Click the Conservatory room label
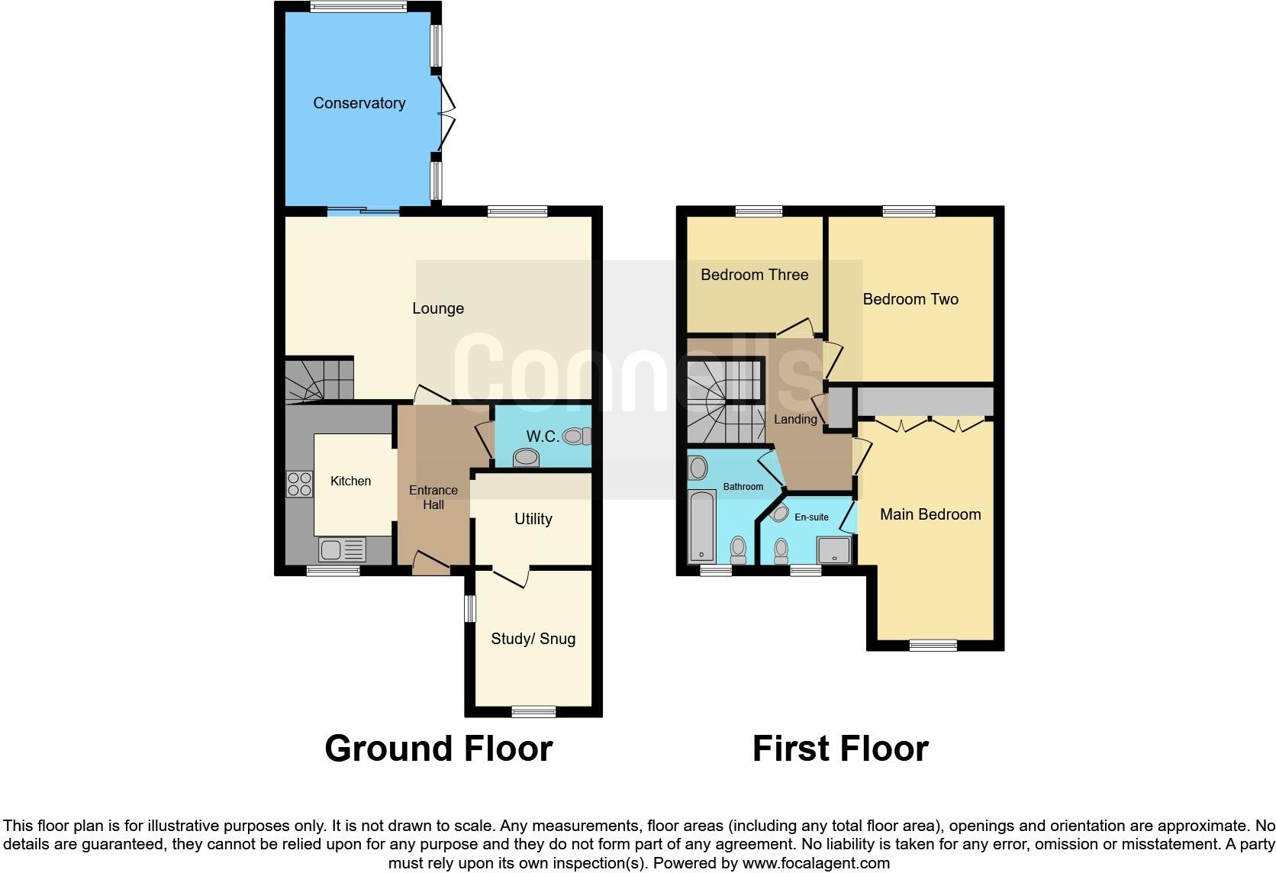pyautogui.click(x=359, y=103)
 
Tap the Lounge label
pyautogui.click(x=438, y=308)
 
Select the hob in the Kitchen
pyautogui.click(x=299, y=485)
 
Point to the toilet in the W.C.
pyautogui.click(x=577, y=436)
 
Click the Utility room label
pyautogui.click(x=533, y=519)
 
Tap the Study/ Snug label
pyautogui.click(x=533, y=639)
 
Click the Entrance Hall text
pyautogui.click(x=433, y=497)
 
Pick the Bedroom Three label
pyautogui.click(x=754, y=275)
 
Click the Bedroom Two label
pyautogui.click(x=910, y=299)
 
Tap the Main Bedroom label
pyautogui.click(x=930, y=514)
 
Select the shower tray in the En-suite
pyautogui.click(x=833, y=549)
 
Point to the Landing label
pyautogui.click(x=795, y=420)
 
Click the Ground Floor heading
pyautogui.click(x=438, y=749)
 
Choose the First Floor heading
pyautogui.click(x=840, y=749)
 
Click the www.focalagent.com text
pyautogui.click(x=815, y=864)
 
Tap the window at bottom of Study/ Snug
pyautogui.click(x=533, y=711)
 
